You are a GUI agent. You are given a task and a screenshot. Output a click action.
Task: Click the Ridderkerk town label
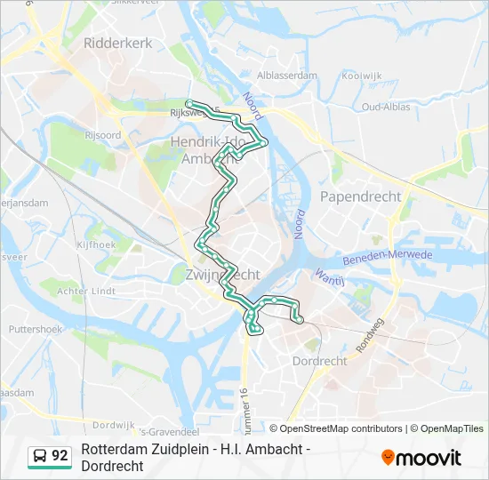114,42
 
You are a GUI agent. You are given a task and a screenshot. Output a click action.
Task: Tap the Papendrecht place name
360,196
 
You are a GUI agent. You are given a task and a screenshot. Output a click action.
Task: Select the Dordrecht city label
319,361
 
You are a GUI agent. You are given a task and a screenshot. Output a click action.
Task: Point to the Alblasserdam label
286,76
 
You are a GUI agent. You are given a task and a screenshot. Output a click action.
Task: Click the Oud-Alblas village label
387,108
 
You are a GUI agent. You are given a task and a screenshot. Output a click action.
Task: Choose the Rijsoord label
103,135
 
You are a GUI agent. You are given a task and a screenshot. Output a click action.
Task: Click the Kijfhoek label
96,244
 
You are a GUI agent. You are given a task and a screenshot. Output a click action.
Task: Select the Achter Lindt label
86,291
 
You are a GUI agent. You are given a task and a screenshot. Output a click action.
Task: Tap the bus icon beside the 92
39,456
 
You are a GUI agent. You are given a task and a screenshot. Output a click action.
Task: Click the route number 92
60,456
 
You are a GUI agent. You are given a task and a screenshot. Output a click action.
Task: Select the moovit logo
421,458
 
